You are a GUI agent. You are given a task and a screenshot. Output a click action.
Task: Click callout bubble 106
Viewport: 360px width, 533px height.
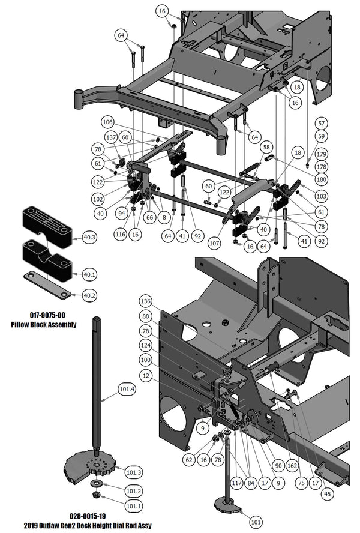108,122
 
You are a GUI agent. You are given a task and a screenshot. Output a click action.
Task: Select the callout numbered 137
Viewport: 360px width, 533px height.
110,138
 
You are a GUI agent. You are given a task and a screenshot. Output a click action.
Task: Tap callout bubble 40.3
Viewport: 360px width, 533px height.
89,238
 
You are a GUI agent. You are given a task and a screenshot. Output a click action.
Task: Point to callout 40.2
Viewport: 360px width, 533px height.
89,295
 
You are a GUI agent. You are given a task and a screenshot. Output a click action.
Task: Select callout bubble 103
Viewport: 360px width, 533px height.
320,196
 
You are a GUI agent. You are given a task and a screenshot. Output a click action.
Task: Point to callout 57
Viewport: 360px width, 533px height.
322,123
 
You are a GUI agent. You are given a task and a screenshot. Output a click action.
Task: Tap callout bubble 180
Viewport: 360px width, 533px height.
322,179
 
